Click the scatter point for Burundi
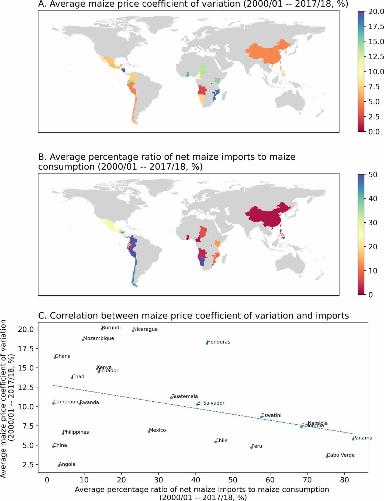102,329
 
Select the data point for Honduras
207,343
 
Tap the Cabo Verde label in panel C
341,455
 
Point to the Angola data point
59,466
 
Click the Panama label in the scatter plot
363,438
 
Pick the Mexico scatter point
149,432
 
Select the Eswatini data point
261,417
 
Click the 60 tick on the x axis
270,480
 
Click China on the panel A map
267,52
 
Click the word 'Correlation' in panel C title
94,316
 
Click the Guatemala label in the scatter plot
185,396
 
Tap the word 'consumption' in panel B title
66,167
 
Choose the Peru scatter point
251,447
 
